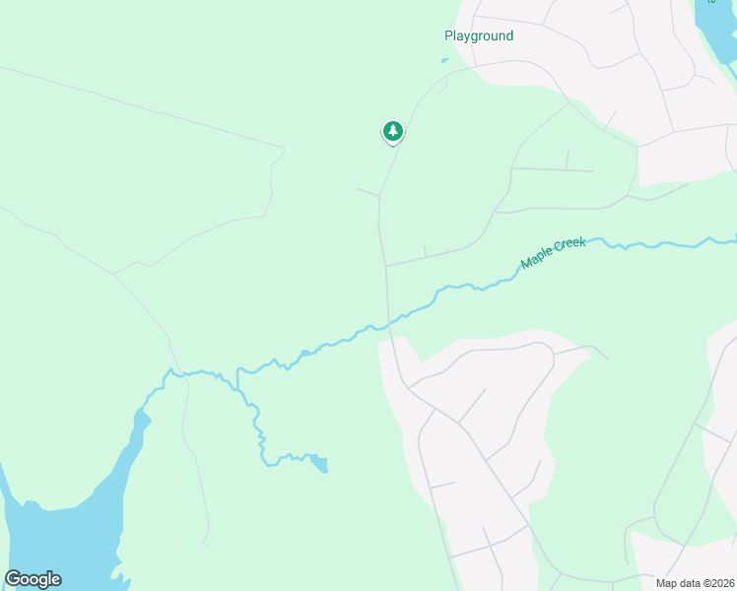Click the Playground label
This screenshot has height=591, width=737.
pos(479,36)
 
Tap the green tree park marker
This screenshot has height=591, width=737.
pos(393,131)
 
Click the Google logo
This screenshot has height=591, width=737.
pos(33,579)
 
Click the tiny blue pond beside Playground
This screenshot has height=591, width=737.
pos(444,60)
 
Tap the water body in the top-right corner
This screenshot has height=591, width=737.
pos(713,25)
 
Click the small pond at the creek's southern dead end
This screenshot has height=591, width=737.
pos(319,463)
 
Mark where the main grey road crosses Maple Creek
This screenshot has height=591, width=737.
pos(388,323)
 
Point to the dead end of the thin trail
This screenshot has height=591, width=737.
pos(205,543)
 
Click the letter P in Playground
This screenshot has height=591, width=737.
pos(448,36)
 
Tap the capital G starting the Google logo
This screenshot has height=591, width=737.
pos(14,579)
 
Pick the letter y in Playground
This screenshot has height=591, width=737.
pos(469,38)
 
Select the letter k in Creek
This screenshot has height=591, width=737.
pos(582,239)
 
